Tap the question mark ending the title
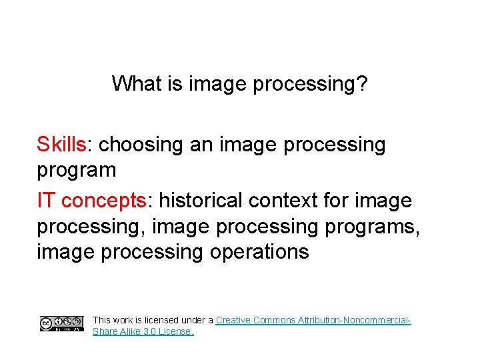coord(362,85)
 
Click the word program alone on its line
coord(77,171)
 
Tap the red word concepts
coord(107,201)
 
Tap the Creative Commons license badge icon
coord(61,324)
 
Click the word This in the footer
coord(103,320)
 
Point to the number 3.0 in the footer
coord(150,331)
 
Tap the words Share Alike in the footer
coord(116,331)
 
